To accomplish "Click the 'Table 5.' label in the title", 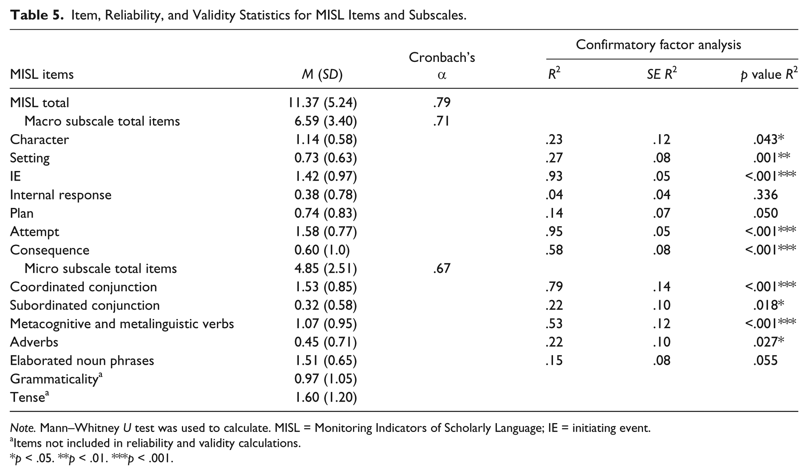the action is tap(36, 15).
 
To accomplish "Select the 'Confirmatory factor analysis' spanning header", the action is tap(658, 45).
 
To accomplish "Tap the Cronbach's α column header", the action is tap(442, 65).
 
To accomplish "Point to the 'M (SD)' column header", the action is tap(322, 74).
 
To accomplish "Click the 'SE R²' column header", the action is tap(662, 73).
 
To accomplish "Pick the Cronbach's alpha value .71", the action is tap(441, 121).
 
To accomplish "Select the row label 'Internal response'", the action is tap(61, 195).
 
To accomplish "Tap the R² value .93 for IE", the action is tap(554, 176).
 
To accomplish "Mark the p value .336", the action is tap(766, 194).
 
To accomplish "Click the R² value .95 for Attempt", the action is tap(554, 231).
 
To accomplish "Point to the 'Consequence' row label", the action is tap(50, 250).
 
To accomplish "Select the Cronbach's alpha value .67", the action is tap(441, 268).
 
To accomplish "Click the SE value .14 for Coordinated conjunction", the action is tap(661, 287).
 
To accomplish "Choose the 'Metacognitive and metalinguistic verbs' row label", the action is tap(122, 324).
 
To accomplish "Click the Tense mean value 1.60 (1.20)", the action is tap(326, 397).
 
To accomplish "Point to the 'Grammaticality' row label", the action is tap(56, 379).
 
